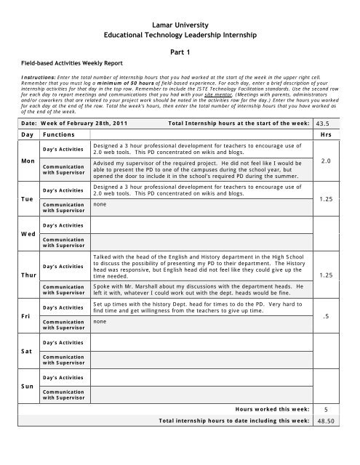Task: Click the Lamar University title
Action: coord(179,25)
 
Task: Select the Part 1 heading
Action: coord(179,52)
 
